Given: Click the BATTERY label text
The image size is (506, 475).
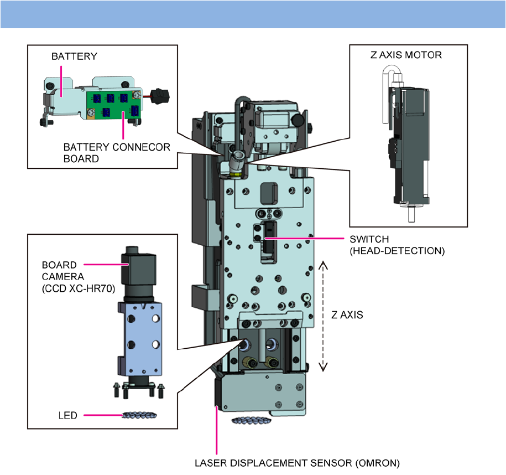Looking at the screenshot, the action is click(74, 56).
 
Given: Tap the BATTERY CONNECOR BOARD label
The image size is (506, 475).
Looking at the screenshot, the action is click(117, 153).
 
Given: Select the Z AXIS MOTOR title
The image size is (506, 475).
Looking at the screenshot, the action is click(406, 55).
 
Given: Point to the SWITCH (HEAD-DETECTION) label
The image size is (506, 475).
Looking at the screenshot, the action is click(397, 245).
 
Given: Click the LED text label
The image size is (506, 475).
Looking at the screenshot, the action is click(68, 415).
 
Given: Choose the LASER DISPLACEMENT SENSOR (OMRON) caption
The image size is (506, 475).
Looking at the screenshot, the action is click(297, 463).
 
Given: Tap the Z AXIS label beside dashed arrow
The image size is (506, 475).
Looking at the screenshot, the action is click(347, 314).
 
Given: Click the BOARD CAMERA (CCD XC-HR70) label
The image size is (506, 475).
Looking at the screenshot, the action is click(79, 277).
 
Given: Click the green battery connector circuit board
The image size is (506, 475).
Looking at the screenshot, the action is click(113, 105).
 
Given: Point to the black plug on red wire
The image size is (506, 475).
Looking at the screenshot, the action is click(160, 96).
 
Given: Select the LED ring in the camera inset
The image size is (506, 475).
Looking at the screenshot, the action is click(139, 415).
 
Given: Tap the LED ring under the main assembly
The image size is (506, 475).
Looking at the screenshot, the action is click(252, 420).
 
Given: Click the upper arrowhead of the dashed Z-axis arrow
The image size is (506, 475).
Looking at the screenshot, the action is click(323, 265).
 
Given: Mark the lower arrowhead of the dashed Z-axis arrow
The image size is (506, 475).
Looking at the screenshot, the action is click(323, 366).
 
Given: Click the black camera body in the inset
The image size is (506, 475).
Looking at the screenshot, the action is click(139, 270).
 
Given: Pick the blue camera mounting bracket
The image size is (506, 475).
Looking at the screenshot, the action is click(140, 339).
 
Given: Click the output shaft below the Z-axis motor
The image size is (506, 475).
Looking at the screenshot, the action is click(411, 214).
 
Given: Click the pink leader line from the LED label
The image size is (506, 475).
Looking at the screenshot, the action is click(103, 415).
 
